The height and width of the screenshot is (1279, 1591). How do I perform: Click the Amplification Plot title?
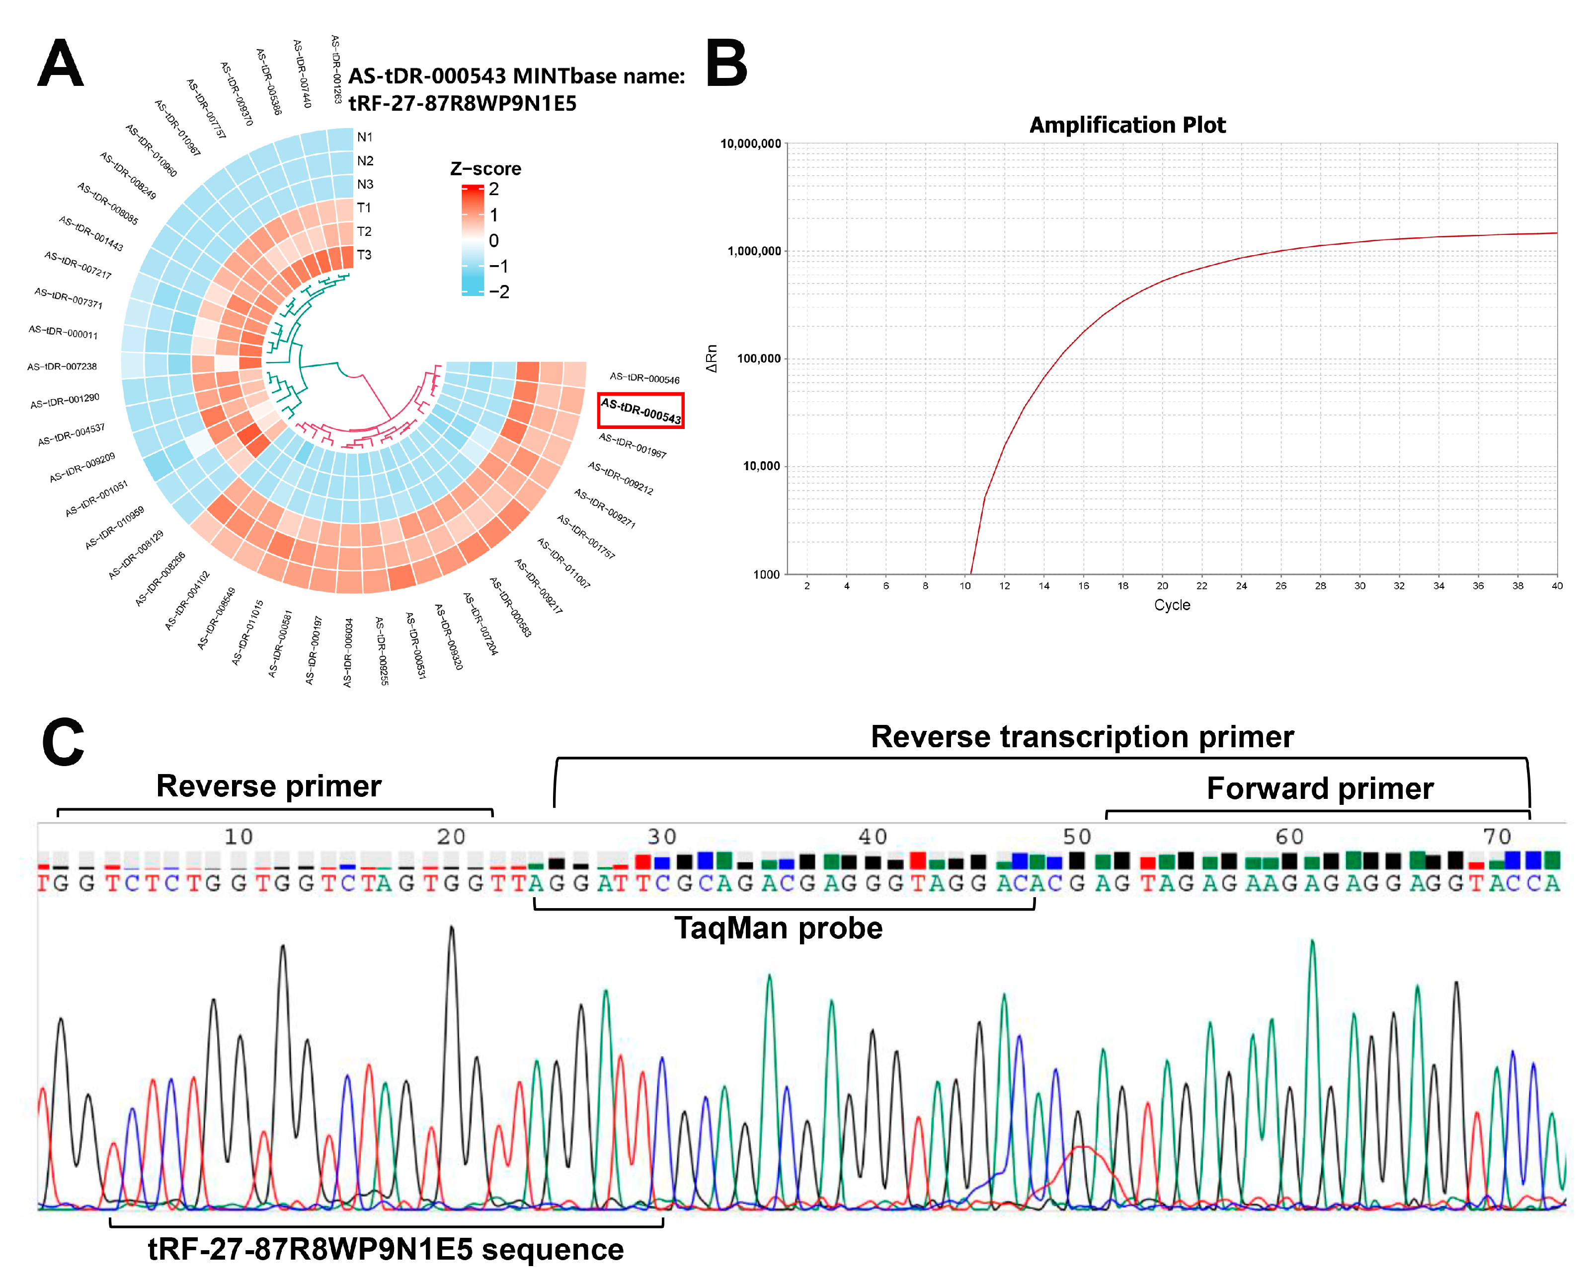coord(1127,125)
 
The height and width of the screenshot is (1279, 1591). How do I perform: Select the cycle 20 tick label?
coord(1162,586)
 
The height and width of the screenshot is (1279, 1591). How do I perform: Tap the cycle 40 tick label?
coord(1556,586)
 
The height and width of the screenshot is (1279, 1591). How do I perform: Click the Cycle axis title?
coord(1172,605)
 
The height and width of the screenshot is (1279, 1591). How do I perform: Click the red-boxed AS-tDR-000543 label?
coord(640,411)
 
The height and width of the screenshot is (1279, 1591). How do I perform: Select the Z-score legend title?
coord(485,169)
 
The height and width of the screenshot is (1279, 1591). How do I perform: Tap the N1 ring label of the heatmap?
coord(365,137)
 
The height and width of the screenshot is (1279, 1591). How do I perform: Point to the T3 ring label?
coord(364,255)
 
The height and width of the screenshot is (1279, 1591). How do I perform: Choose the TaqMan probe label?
coord(779,928)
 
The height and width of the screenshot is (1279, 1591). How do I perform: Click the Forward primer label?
coord(1319,788)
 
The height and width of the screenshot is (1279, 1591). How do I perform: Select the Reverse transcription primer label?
coord(1082,737)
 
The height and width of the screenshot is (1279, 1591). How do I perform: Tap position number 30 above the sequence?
coord(661,837)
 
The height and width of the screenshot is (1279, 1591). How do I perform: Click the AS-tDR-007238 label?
coord(62,366)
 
